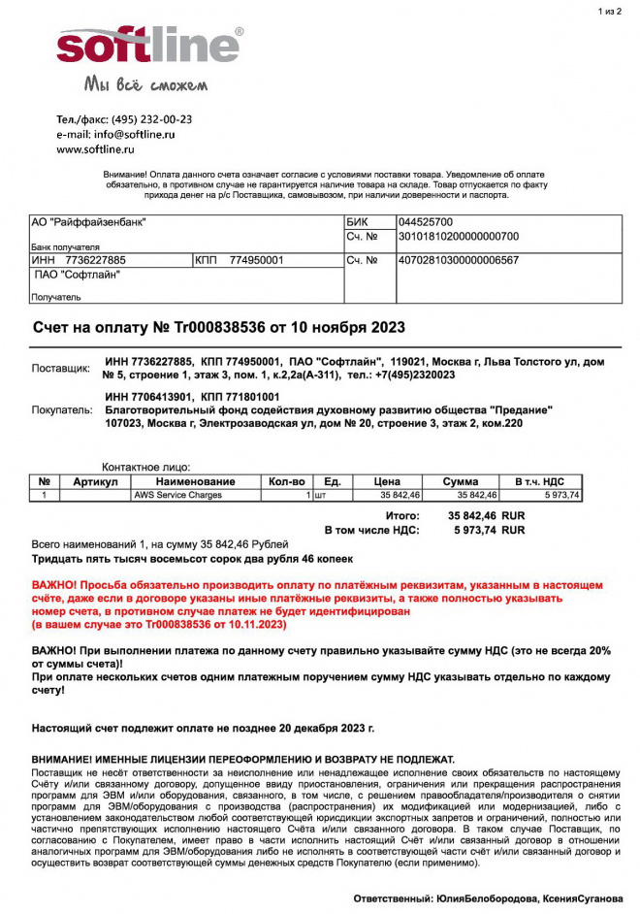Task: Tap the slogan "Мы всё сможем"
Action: point(145,84)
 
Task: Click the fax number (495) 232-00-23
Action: point(151,119)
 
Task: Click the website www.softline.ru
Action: point(95,150)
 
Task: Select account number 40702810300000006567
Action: point(459,260)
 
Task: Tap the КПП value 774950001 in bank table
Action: point(257,260)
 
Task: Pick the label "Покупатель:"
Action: point(62,410)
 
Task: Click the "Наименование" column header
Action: point(182,481)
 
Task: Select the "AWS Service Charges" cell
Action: point(177,495)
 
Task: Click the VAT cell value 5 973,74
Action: point(561,495)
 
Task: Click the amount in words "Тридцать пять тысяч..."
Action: point(193,560)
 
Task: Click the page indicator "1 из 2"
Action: point(612,12)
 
